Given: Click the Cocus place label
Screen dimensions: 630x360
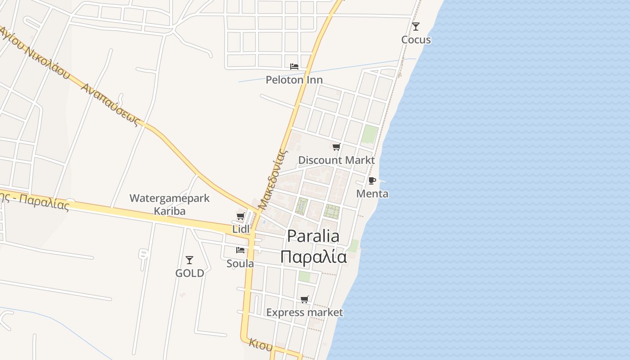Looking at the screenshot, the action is coord(416,40).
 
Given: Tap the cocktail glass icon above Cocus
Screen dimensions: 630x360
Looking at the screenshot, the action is coord(416,27).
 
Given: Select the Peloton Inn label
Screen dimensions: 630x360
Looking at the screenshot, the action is coord(294,80).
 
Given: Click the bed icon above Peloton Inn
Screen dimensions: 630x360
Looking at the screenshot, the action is coord(294,66).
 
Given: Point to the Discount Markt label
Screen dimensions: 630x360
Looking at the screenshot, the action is coord(336,160).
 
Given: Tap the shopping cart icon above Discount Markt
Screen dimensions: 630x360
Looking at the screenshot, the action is coord(336,147).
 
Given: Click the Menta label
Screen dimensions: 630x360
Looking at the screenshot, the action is coord(372,193).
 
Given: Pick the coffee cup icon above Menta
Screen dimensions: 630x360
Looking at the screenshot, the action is coord(372,180).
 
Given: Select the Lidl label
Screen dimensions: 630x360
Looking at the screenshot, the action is coord(241,229).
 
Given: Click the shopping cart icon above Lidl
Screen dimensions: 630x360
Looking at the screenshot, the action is coord(241,216).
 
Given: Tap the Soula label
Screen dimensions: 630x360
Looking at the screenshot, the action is coord(240,263).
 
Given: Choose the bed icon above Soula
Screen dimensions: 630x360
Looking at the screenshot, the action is coord(240,250).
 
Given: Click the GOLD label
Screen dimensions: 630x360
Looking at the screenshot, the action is coord(189,273).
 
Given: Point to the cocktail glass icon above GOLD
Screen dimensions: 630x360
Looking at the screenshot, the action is coord(189,260).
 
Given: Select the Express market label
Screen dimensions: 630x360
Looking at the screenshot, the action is coord(305,312).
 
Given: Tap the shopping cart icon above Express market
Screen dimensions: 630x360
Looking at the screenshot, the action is coord(305,299).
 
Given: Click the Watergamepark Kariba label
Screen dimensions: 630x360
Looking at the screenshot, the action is coord(170,204).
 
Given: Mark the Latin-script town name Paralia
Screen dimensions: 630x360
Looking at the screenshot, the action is coord(313,236).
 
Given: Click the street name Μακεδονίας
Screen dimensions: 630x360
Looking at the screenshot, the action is coord(273,180).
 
